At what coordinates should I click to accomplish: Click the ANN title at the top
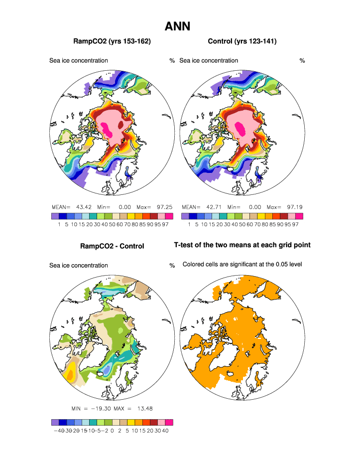point(177,26)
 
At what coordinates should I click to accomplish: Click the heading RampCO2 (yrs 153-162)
point(112,41)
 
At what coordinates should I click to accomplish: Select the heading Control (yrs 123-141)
point(241,41)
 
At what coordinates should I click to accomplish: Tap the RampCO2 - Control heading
point(112,246)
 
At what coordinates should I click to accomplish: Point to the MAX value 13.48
point(143,409)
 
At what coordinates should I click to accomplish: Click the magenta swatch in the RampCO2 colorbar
point(169,216)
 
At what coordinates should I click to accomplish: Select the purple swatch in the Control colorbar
point(185,216)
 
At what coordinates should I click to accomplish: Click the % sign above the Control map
point(302,61)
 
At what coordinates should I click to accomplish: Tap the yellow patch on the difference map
point(71,371)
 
